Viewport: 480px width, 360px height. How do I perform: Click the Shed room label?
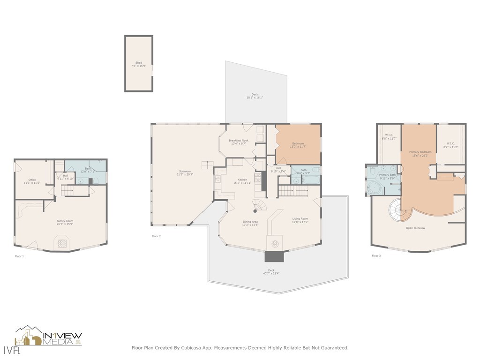tap(138, 63)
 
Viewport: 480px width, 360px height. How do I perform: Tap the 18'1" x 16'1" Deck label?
tap(255, 94)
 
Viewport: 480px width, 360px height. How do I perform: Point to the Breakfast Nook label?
tap(239, 140)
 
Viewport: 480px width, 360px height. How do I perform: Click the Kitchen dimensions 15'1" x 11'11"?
tap(242, 183)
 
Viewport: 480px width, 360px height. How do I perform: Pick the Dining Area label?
tap(250, 222)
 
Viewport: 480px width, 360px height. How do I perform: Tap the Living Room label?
tap(300, 218)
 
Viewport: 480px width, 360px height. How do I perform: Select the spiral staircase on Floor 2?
tap(259, 205)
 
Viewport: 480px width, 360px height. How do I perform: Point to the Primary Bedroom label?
tap(420, 152)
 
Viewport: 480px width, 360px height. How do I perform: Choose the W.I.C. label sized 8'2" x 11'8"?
tap(450, 143)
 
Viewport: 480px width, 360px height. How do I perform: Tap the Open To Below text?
tap(415, 228)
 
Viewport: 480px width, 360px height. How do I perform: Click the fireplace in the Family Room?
tap(61, 243)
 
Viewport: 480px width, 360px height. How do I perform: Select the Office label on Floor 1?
tap(32, 180)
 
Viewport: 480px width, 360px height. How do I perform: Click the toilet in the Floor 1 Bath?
tap(96, 180)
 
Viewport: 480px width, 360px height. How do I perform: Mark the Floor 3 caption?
tap(376, 256)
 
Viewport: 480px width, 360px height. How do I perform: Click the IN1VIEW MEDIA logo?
tap(49, 336)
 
